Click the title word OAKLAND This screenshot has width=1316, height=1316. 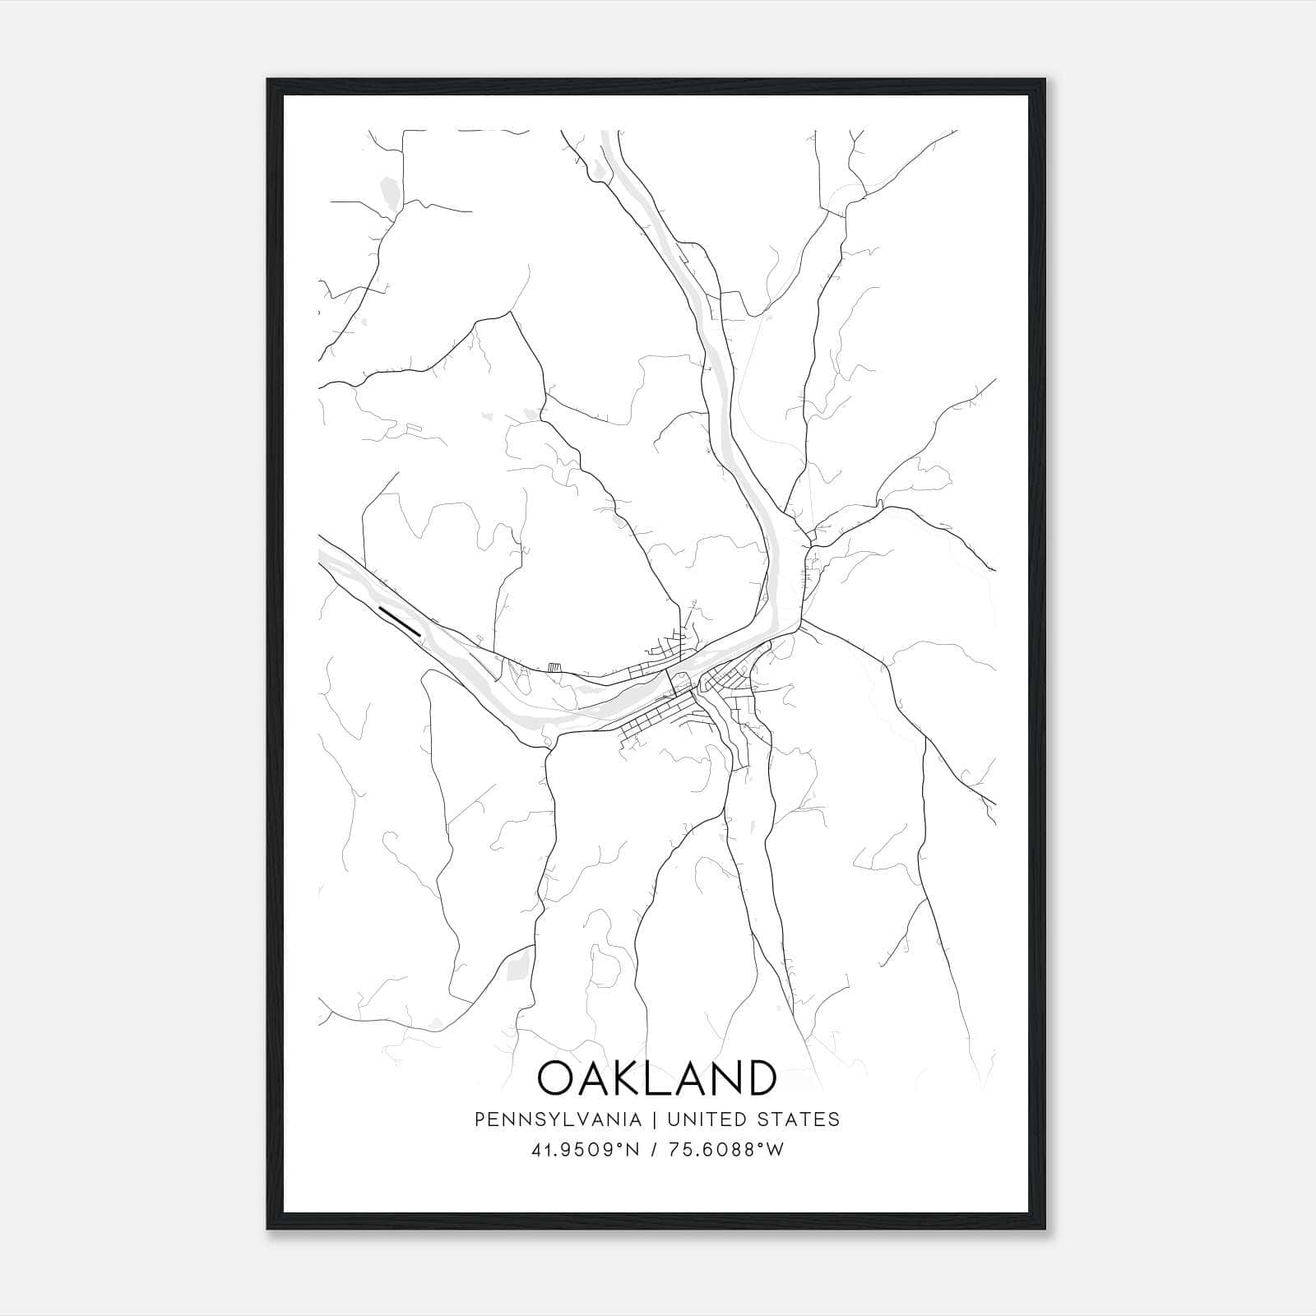(x=656, y=1077)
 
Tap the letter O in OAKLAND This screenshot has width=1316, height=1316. (x=558, y=1077)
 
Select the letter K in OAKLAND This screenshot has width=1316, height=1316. (x=629, y=1077)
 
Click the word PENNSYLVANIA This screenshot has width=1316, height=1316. (x=558, y=1119)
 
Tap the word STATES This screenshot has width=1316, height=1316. (x=799, y=1119)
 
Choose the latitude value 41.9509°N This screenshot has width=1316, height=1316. (x=585, y=1151)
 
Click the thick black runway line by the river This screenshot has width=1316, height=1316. (x=401, y=620)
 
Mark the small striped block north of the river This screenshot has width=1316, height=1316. (x=554, y=668)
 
